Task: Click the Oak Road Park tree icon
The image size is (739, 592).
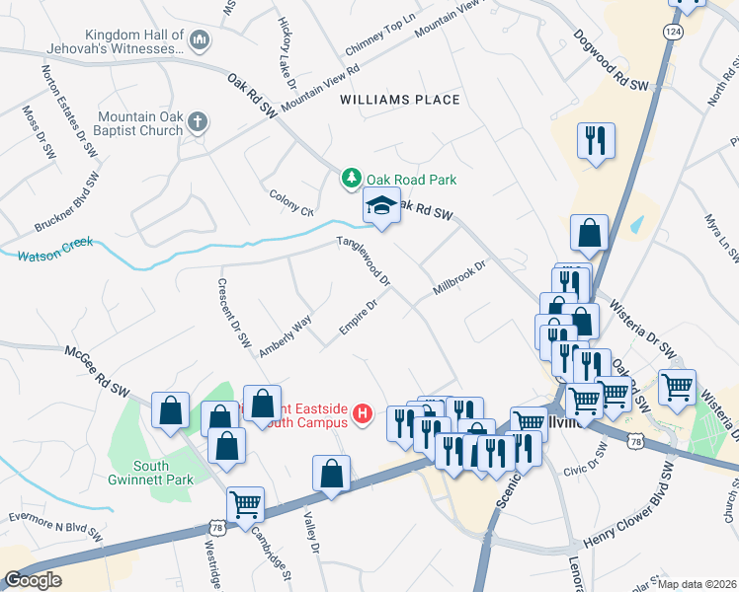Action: (350, 179)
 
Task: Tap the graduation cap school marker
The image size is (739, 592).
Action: (382, 207)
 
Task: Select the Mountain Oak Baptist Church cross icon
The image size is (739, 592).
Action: (199, 123)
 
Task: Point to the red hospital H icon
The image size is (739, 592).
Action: (363, 412)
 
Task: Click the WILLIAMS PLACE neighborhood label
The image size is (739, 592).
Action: (399, 100)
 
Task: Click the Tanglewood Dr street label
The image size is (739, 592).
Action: (365, 261)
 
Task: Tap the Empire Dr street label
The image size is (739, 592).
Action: (360, 317)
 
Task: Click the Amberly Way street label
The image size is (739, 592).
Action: (286, 335)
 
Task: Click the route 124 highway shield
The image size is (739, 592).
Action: (673, 33)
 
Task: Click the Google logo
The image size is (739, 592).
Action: (33, 580)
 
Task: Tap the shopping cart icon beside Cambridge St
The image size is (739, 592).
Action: (245, 505)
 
